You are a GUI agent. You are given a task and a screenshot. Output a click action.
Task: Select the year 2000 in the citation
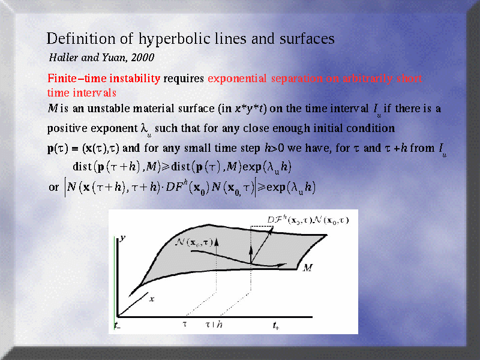point(143,58)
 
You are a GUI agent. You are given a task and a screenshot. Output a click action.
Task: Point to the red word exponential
point(237,79)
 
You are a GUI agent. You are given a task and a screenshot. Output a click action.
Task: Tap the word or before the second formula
point(53,187)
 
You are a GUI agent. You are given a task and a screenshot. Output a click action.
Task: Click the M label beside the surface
point(308,268)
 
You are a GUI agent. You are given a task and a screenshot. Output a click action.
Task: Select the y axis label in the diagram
point(122,238)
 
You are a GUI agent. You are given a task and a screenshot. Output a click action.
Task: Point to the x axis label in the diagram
point(152,299)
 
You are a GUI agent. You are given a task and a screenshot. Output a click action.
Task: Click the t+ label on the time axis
point(276,325)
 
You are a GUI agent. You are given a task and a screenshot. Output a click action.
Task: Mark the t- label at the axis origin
point(117,325)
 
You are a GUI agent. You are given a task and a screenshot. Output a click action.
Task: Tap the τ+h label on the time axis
point(214,325)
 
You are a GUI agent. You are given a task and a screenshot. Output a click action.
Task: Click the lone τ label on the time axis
point(185,324)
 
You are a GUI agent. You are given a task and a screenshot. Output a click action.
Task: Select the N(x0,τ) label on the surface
point(194,242)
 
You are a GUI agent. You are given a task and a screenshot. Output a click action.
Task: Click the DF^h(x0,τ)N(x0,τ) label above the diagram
point(308,220)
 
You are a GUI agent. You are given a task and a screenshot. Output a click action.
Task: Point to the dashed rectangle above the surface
point(262,227)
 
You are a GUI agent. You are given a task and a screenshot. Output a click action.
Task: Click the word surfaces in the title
point(307,39)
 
